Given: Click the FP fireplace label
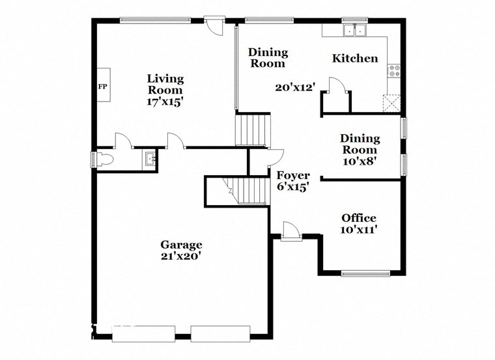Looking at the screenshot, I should [102, 85].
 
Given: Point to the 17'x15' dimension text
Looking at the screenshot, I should [165, 102].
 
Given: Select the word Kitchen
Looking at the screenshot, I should [355, 59].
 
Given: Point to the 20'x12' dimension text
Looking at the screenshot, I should [294, 87].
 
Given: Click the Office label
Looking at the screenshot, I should [359, 218].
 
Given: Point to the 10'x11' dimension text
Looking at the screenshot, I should [359, 229].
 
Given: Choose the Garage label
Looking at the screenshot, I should [182, 245].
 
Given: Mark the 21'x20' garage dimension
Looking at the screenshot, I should [182, 256].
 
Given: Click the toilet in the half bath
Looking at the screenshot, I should [104, 159].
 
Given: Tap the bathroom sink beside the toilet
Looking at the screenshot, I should [150, 158].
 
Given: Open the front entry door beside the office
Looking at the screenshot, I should [290, 230].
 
